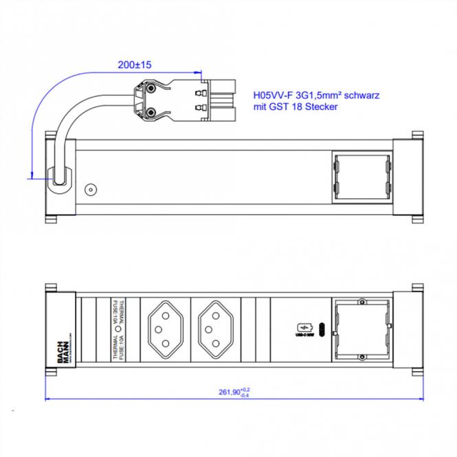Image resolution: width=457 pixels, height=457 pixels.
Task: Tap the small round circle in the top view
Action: [x=89, y=188]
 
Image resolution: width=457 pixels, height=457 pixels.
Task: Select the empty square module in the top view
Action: [x=361, y=179]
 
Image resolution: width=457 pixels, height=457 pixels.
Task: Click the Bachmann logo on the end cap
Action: [x=63, y=350]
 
